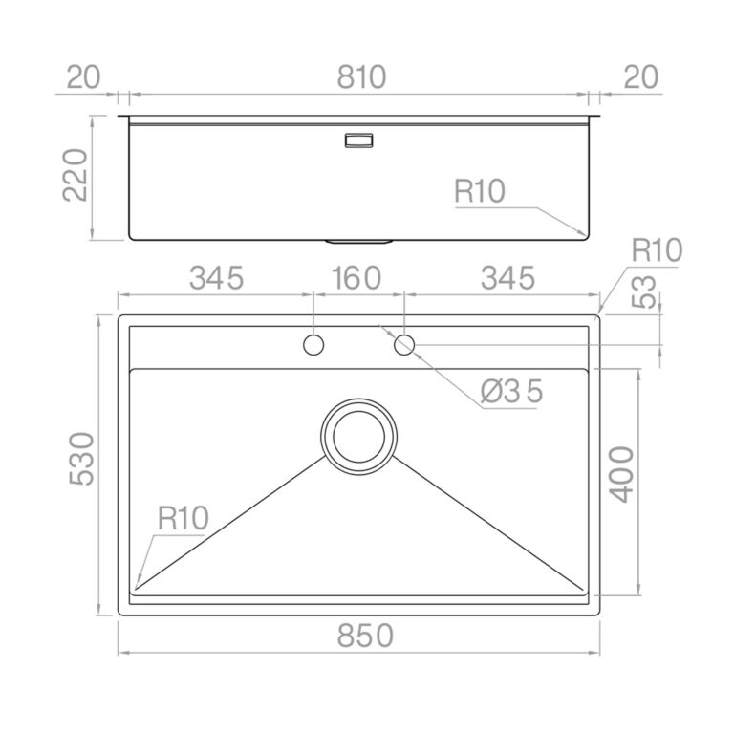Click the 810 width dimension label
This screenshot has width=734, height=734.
(361, 77)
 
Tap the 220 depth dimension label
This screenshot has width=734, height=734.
(76, 175)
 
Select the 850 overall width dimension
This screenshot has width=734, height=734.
(365, 636)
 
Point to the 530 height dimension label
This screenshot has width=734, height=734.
(82, 459)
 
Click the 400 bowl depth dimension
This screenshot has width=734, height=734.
(621, 474)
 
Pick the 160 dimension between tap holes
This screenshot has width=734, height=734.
(356, 277)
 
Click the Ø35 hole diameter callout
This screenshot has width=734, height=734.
(511, 391)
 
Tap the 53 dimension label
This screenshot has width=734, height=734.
(643, 291)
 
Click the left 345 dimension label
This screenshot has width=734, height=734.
(216, 277)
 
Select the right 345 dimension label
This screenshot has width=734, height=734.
(507, 277)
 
